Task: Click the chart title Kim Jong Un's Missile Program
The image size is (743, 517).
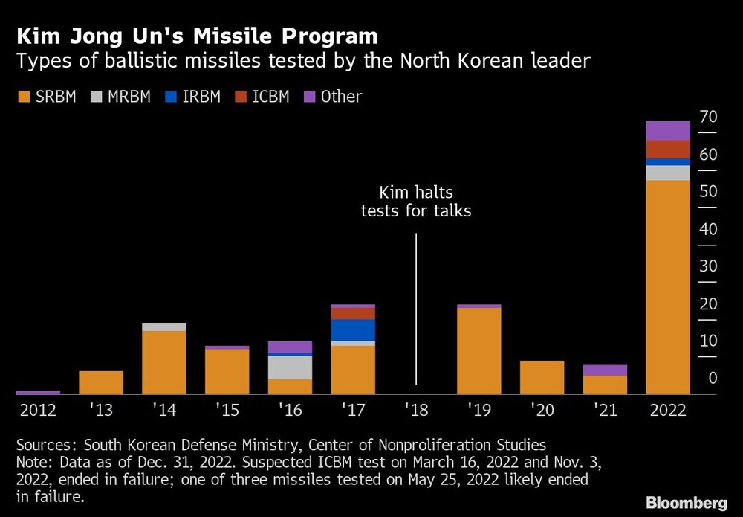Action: coord(197,36)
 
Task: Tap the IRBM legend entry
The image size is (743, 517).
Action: coord(192,97)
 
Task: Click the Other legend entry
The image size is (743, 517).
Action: coord(333,97)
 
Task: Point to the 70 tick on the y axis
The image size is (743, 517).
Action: coord(707,117)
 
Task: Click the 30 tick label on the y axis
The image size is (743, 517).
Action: coord(707,266)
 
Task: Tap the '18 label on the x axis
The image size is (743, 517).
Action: coord(416,410)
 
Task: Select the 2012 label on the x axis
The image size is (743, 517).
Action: coord(37,410)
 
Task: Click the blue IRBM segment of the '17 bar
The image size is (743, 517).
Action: coord(353,330)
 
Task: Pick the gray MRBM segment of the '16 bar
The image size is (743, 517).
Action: coord(290,367)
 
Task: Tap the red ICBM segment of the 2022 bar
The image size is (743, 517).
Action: coord(668,149)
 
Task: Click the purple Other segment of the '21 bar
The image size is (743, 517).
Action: coord(605,370)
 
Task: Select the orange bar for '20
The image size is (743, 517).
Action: coord(542,377)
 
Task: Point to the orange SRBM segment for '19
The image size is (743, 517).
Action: coord(478,350)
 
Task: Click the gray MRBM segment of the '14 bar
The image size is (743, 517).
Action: coord(163,327)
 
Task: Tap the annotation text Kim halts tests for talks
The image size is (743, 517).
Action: coord(416,202)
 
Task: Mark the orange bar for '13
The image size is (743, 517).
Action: coord(100,382)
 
